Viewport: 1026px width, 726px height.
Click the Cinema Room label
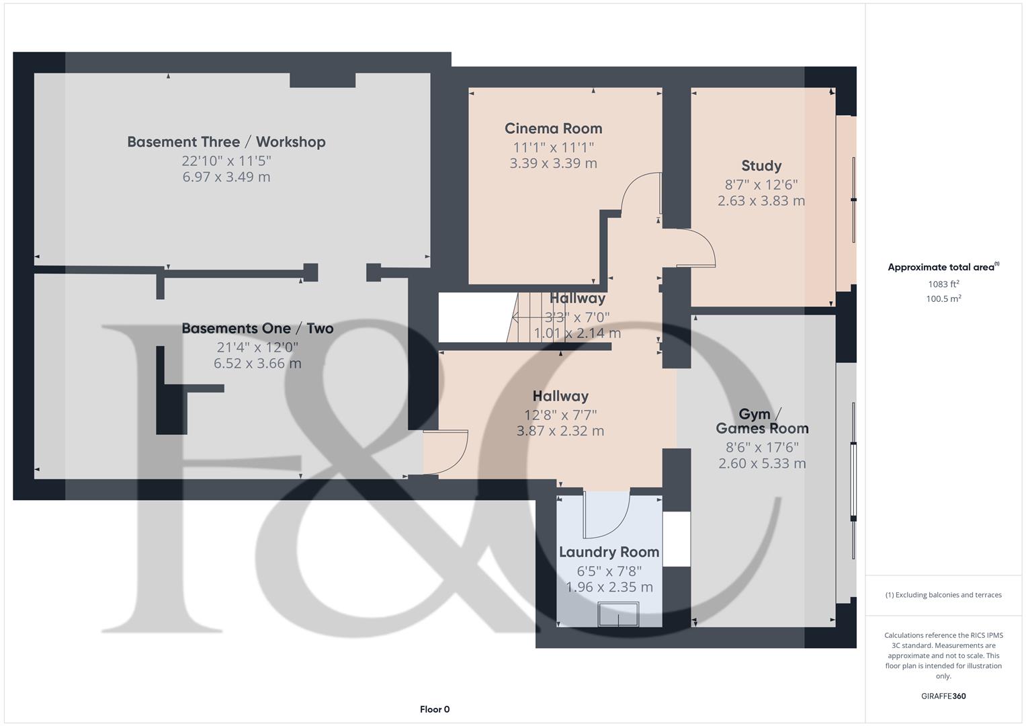click(x=553, y=128)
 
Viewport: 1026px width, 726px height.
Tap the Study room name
click(x=761, y=166)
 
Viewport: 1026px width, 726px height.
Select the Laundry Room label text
click(x=609, y=552)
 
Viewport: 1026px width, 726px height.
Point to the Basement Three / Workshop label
click(x=226, y=142)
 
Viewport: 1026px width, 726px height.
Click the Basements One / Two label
click(x=257, y=329)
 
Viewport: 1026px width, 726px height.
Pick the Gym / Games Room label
click(x=762, y=421)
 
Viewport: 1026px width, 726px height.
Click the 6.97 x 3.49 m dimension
click(x=226, y=177)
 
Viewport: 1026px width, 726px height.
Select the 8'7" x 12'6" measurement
click(x=761, y=184)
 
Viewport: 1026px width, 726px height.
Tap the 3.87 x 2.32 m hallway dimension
click(x=560, y=431)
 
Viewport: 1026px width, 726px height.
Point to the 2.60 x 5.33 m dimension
click(x=762, y=463)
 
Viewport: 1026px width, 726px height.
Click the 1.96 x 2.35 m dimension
click(x=609, y=587)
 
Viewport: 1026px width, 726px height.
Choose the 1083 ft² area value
click(x=943, y=284)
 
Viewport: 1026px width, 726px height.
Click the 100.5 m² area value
click(x=943, y=299)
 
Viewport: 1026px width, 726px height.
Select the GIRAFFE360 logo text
click(x=943, y=696)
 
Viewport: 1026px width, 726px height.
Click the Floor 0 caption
click(x=435, y=709)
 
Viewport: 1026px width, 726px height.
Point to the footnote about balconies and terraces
click(x=943, y=595)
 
